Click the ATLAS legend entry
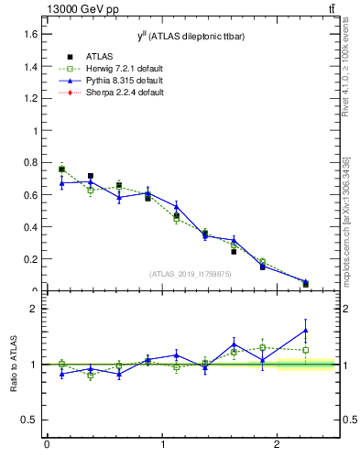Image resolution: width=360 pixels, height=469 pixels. point(99,56)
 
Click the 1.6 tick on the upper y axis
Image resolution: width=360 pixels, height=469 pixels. point(29,34)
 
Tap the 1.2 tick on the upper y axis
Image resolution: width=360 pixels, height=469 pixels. point(29,98)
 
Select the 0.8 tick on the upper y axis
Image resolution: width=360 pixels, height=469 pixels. point(29,163)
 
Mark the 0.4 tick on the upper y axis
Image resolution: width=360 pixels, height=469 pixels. point(29,227)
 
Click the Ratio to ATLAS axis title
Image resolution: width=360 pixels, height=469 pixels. point(14,364)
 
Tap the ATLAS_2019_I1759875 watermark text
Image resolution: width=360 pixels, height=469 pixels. point(191,274)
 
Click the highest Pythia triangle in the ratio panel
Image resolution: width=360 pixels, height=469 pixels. point(305,330)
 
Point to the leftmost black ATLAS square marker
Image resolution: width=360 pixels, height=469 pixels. point(61,169)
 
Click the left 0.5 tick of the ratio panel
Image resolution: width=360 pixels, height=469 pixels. point(30,420)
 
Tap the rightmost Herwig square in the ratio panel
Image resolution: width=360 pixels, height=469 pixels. point(305,350)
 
